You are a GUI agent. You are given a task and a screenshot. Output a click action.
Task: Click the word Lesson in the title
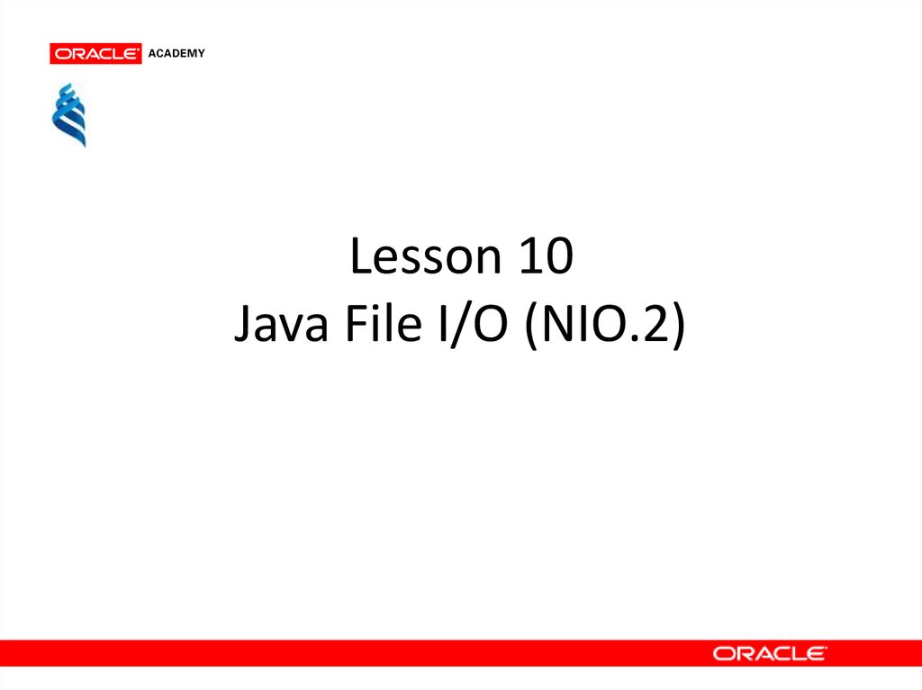click(426, 256)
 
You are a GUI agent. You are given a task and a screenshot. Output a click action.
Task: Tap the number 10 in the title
click(547, 256)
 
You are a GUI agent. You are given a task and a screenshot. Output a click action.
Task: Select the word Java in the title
click(281, 325)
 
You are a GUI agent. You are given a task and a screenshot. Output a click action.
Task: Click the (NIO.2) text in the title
click(605, 325)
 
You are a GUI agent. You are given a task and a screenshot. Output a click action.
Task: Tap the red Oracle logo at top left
click(95, 53)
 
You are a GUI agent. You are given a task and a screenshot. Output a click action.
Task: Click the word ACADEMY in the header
click(176, 53)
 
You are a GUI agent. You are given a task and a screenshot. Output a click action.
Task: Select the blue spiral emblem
click(69, 115)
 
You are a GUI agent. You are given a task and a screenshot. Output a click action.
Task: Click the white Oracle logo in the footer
click(770, 653)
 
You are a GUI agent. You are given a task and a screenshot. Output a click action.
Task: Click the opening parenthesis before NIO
click(531, 326)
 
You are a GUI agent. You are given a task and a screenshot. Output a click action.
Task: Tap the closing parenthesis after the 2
click(679, 326)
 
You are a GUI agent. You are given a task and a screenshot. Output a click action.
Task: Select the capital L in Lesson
click(363, 255)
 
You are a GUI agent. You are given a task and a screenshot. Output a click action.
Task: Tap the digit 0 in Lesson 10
click(560, 256)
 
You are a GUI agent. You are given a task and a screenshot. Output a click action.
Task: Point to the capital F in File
click(357, 323)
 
